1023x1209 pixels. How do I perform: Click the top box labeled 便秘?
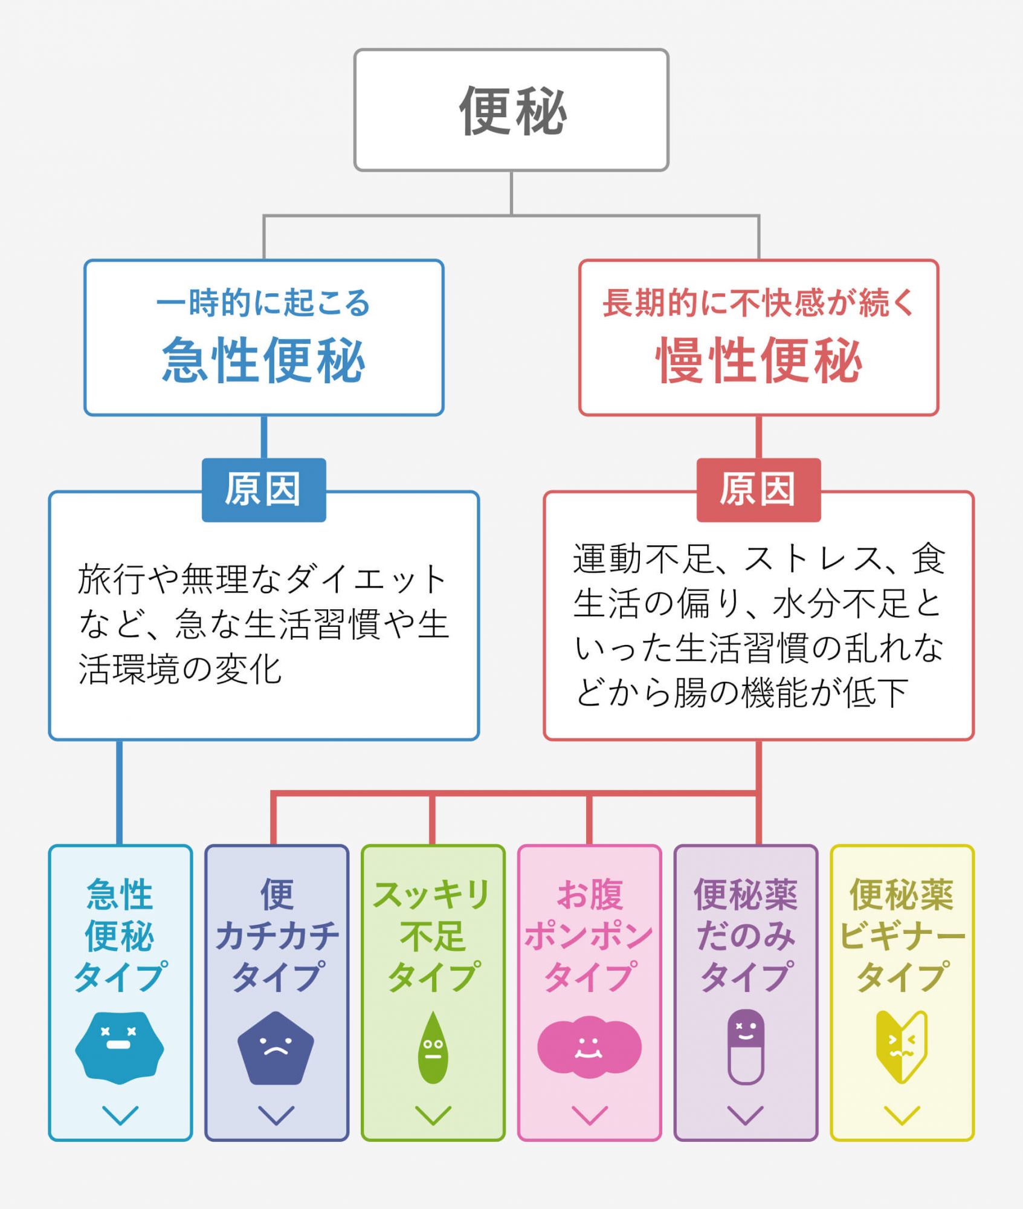click(511, 110)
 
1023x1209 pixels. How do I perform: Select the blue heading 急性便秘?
click(263, 361)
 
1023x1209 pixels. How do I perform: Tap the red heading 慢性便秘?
click(759, 361)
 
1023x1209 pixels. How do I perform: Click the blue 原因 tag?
click(263, 490)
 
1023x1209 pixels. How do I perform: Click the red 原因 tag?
click(758, 490)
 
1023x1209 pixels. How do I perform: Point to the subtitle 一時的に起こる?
click(263, 303)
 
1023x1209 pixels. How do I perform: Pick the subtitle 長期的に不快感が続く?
click(759, 303)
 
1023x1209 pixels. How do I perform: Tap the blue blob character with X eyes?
click(120, 1047)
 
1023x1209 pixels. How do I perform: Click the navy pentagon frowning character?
click(276, 1048)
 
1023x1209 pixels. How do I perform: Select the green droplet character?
click(433, 1048)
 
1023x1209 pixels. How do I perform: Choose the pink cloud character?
click(589, 1047)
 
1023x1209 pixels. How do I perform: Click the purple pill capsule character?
click(746, 1047)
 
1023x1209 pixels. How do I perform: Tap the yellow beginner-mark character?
click(902, 1047)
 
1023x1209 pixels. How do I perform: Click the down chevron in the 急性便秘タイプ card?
click(120, 1115)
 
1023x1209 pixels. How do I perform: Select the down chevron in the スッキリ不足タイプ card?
click(433, 1115)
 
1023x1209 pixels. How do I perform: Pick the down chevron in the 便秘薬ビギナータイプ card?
click(902, 1115)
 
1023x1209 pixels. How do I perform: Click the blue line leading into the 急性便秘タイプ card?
click(120, 792)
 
